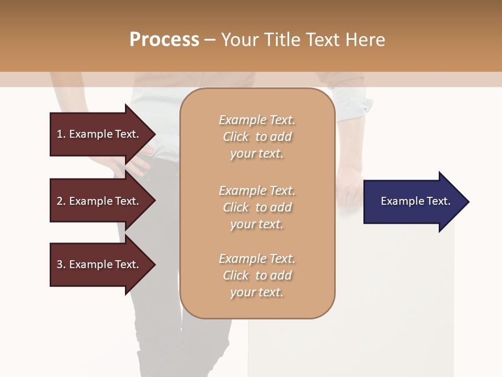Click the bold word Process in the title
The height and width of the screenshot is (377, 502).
click(164, 40)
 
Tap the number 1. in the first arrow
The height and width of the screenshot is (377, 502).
click(61, 134)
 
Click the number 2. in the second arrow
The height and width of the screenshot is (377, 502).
click(61, 201)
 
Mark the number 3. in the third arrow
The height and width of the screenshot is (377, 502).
click(61, 264)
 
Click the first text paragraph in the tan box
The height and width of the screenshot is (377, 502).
click(257, 137)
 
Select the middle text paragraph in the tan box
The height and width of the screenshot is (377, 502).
click(257, 207)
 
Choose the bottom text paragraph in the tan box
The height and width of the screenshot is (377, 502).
click(257, 275)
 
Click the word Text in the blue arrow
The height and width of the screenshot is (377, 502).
click(438, 201)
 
